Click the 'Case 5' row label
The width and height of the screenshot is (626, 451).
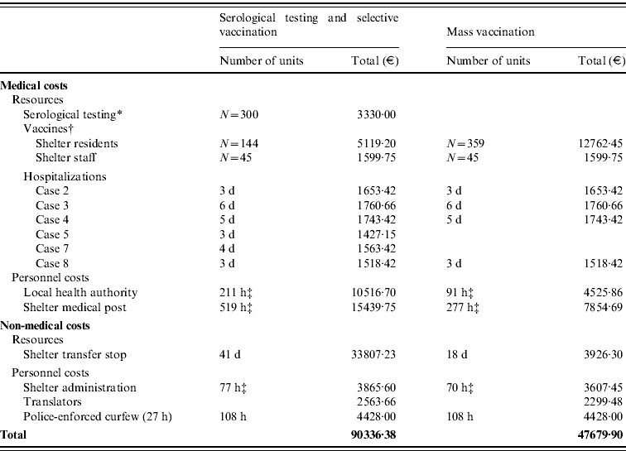(53, 233)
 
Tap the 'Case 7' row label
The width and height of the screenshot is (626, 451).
(53, 248)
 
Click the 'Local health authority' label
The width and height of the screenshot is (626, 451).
(81, 292)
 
